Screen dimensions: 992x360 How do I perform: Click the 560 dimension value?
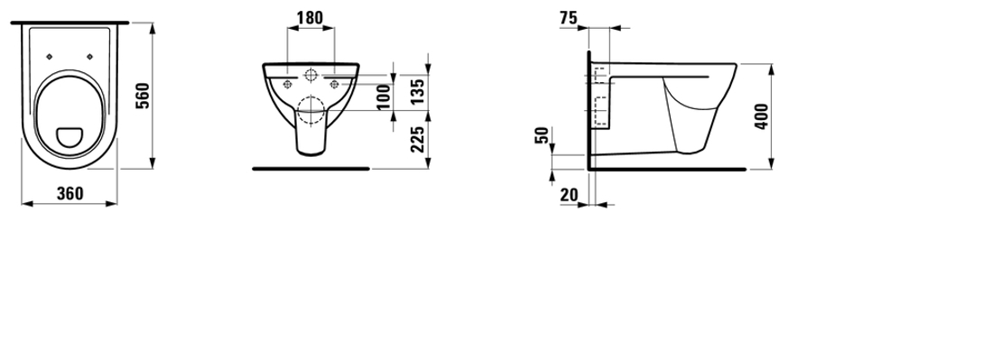click(x=144, y=96)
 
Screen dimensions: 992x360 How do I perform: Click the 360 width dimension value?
click(x=70, y=194)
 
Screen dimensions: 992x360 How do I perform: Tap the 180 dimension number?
click(x=310, y=18)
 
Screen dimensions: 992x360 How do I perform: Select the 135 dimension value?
click(x=417, y=92)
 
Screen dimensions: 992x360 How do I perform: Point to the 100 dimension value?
click(x=384, y=97)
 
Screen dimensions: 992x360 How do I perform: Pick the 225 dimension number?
click(x=417, y=139)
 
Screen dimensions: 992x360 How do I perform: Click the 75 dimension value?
click(x=569, y=18)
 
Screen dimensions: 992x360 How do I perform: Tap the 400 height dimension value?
click(x=762, y=116)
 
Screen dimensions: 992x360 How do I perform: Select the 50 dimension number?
click(x=542, y=135)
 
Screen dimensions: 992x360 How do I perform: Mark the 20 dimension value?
click(x=569, y=195)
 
